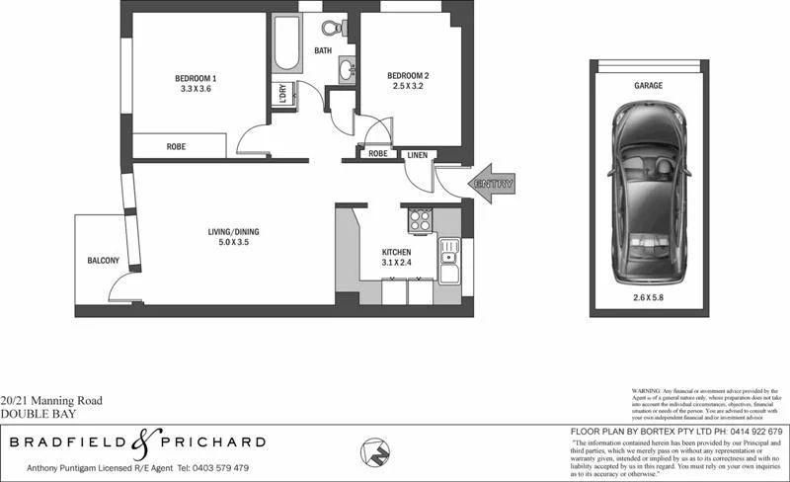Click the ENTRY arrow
pyautogui.click(x=493, y=184)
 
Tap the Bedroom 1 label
pyautogui.click(x=196, y=77)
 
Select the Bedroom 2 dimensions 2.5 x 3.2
pyautogui.click(x=407, y=88)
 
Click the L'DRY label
pyautogui.click(x=283, y=96)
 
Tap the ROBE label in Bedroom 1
pyautogui.click(x=176, y=146)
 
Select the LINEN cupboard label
pyautogui.click(x=416, y=154)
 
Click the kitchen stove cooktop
pyautogui.click(x=420, y=219)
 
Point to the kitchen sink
pyautogui.click(x=448, y=259)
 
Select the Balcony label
pyautogui.click(x=103, y=261)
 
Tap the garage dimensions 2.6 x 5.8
pyautogui.click(x=648, y=296)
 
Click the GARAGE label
pyautogui.click(x=648, y=86)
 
